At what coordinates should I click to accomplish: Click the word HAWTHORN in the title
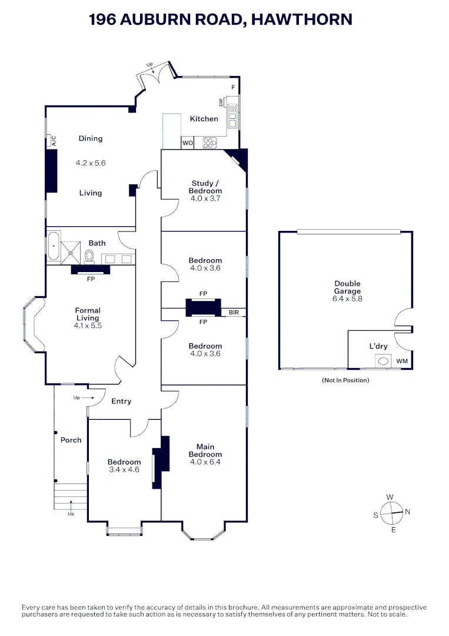click(x=301, y=19)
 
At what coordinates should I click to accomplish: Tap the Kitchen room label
click(x=204, y=119)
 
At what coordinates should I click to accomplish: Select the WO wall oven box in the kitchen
click(x=187, y=143)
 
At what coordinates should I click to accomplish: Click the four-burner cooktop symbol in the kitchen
click(x=209, y=142)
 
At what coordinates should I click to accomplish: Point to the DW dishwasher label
click(x=221, y=102)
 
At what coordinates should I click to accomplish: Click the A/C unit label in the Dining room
click(x=52, y=141)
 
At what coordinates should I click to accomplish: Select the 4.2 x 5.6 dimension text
click(x=91, y=163)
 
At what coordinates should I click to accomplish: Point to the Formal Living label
click(x=87, y=314)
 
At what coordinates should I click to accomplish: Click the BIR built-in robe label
click(x=234, y=313)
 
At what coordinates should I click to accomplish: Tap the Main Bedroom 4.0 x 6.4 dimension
click(x=205, y=462)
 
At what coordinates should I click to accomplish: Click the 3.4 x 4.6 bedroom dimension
click(x=124, y=470)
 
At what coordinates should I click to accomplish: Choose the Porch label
click(x=71, y=440)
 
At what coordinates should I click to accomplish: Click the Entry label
click(x=121, y=402)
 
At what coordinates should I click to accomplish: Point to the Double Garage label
click(x=347, y=287)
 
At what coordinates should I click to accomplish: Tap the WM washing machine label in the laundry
click(x=401, y=361)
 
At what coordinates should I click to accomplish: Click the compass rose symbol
click(x=391, y=513)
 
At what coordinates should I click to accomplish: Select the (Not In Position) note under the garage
click(x=345, y=380)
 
